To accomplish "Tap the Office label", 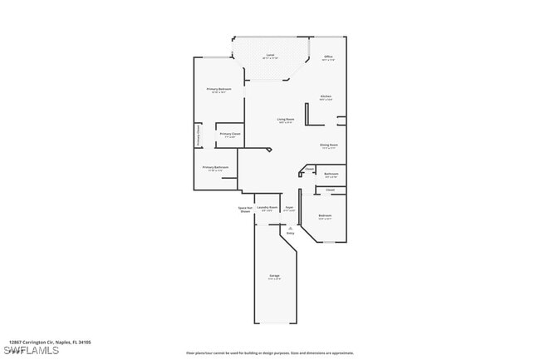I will [328, 57].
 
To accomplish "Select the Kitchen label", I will [326, 96].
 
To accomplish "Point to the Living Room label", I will [286, 120].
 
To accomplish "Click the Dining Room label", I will [329, 145].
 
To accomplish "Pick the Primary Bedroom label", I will [218, 89].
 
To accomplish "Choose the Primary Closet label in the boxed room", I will [230, 134].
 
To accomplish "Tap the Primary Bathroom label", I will [215, 167].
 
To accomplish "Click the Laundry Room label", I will [267, 207].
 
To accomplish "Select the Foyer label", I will [289, 207].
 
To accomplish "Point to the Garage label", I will [274, 275].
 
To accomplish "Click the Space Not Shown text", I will [245, 210].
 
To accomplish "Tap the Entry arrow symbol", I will [291, 226].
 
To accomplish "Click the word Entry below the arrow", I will [291, 233].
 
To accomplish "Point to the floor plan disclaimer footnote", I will [269, 353].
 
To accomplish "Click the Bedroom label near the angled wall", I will [325, 215].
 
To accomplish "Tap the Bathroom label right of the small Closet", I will [331, 174].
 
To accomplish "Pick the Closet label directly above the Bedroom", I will [330, 190].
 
